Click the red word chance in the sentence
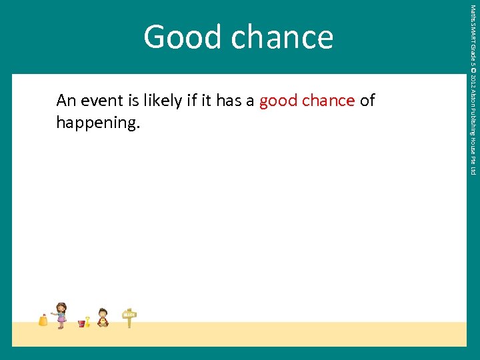[x=327, y=101]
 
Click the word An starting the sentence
[x=65, y=101]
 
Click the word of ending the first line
[x=367, y=101]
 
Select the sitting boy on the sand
[x=103, y=317]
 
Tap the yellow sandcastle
[x=43, y=321]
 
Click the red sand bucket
[x=81, y=323]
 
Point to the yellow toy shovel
[x=87, y=321]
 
